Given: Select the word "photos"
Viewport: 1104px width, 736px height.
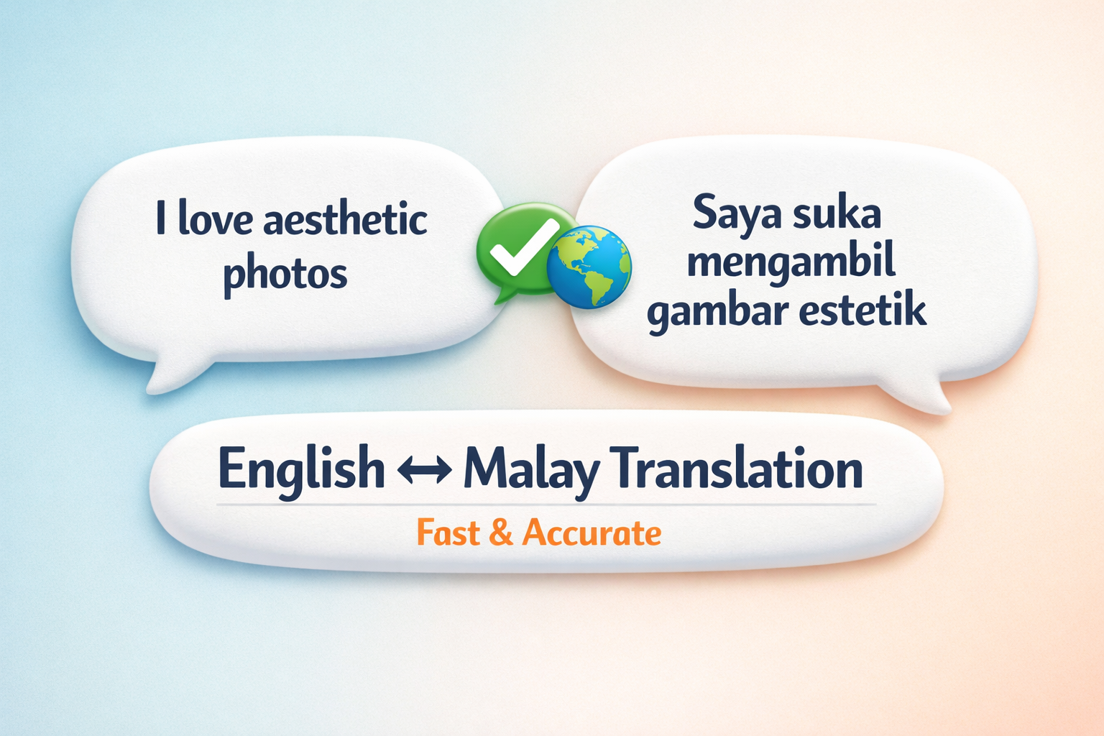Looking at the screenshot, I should coord(285,274).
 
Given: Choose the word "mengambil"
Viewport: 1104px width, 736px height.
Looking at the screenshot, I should coord(791,262).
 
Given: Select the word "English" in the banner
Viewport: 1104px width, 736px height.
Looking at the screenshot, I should coord(301,469).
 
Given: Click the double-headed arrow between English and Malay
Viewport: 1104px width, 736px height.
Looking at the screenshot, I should coord(424,470).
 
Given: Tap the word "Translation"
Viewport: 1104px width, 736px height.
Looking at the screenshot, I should coord(739,469).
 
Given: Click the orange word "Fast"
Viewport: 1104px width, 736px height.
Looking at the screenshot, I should coord(448,533).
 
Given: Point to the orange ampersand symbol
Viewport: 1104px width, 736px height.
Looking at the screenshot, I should coord(500,533).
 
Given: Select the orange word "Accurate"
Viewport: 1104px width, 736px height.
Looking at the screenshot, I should coord(592,533).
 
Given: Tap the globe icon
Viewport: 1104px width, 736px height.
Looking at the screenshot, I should coord(589,267).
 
